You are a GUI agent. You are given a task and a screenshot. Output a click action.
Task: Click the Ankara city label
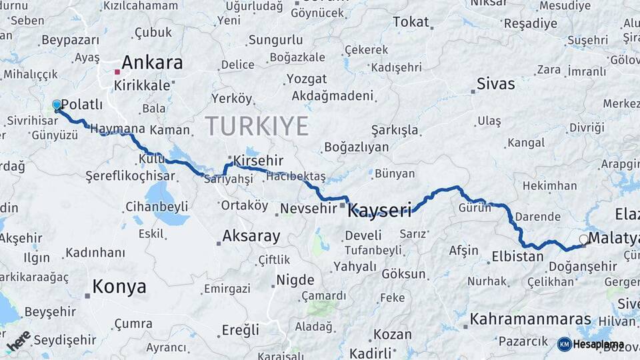153,63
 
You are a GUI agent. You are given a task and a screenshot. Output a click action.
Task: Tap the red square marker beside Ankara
117,71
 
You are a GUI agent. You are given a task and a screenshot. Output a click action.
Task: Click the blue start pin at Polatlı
57,105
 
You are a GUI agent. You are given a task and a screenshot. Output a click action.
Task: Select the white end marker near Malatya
584,239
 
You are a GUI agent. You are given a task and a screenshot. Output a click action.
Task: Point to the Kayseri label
380,211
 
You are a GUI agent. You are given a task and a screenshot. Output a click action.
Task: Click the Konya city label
119,287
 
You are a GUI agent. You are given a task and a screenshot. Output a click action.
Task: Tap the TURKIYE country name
257,126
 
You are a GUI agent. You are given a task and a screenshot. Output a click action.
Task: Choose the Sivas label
495,84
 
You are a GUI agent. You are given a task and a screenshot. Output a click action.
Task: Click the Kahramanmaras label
531,319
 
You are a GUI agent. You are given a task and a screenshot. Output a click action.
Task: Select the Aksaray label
251,236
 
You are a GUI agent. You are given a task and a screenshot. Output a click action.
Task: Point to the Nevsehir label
308,209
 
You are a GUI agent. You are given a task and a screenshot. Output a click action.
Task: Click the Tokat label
411,22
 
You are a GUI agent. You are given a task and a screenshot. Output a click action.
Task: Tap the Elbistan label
517,257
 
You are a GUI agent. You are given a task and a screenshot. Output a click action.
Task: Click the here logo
19,340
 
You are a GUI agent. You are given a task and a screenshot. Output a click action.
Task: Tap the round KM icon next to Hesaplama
565,344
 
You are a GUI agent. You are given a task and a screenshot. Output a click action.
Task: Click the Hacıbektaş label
296,176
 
